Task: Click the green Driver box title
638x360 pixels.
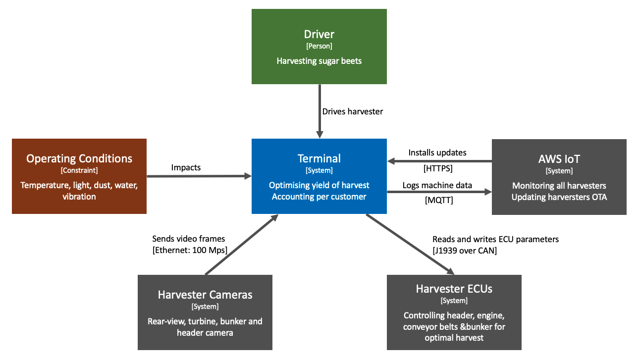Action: (319, 34)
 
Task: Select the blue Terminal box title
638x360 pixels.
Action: (319, 158)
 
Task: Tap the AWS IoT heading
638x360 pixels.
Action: (559, 159)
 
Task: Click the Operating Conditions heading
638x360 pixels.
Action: (79, 158)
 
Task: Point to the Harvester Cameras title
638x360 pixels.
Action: (205, 295)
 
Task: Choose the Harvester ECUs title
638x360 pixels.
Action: (454, 289)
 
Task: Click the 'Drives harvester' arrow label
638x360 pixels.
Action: (353, 111)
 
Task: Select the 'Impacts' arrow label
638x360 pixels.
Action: (186, 167)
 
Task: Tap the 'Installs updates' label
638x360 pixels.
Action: (437, 153)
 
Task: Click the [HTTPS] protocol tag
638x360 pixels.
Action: (438, 168)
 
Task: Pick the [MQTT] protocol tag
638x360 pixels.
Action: (439, 200)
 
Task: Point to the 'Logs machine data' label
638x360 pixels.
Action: (437, 185)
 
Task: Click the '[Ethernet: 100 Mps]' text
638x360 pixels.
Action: (190, 250)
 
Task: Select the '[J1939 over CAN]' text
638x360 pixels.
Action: (465, 251)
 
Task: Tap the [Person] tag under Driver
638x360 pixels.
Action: (319, 46)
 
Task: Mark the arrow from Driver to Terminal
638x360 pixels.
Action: (319, 111)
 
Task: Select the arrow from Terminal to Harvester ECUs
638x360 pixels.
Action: (410, 245)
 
